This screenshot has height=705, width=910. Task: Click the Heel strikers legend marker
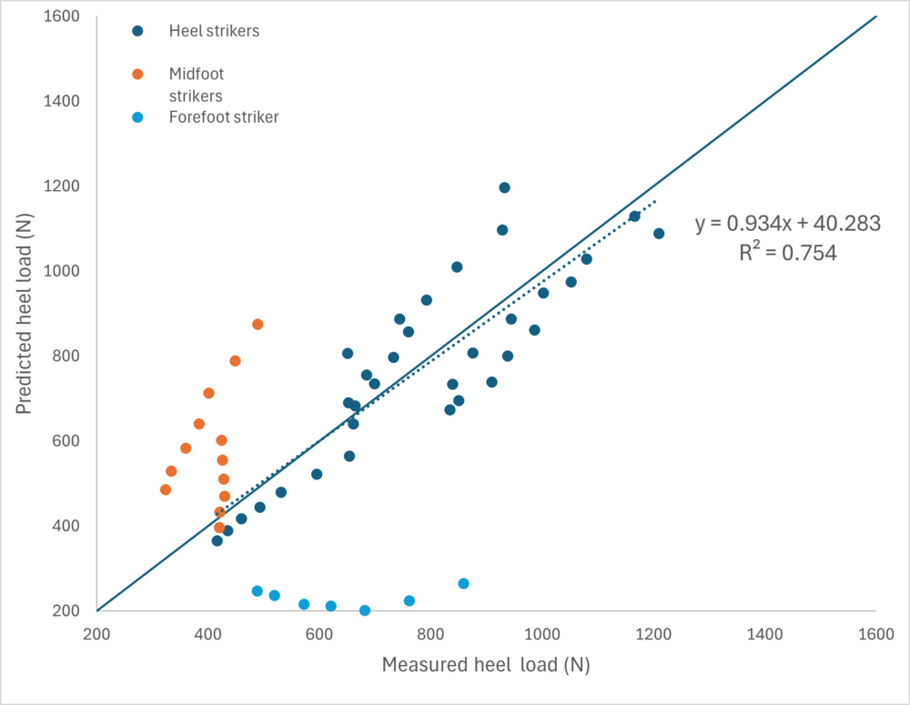tap(137, 31)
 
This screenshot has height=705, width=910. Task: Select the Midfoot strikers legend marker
tap(137, 74)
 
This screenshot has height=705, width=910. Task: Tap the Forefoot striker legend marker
tap(137, 116)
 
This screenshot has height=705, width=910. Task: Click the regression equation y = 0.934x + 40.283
tap(788, 224)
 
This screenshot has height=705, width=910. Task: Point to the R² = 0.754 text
tap(788, 253)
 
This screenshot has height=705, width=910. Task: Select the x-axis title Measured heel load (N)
tap(486, 665)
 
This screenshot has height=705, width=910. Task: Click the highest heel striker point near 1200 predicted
tap(504, 187)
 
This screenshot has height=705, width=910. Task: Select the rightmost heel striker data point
tap(659, 234)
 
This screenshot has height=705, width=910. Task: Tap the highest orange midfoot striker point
tap(258, 324)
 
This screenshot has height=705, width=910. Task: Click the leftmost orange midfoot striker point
tap(166, 489)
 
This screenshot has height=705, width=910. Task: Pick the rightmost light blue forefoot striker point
tap(463, 583)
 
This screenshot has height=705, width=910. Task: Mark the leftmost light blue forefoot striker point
tap(258, 591)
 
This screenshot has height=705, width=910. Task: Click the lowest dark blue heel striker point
tap(217, 540)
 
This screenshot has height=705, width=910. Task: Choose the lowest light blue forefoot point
tap(365, 610)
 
